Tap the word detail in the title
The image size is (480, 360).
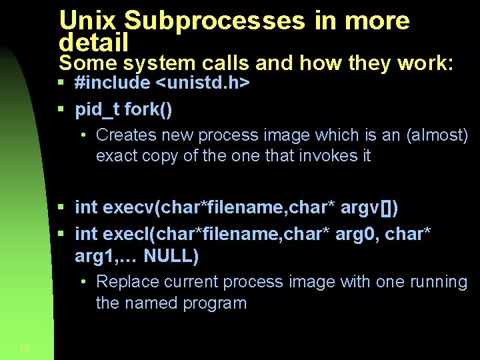93,43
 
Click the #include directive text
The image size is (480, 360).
113,83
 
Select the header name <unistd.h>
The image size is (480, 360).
203,83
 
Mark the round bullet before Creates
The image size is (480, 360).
83,135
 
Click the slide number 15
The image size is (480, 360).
25,347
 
